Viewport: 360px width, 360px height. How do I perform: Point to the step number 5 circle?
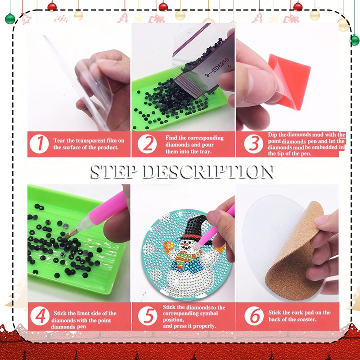pos(147,316)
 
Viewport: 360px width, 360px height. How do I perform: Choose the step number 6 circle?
pos(254,316)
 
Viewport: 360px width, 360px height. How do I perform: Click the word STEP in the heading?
pos(114,171)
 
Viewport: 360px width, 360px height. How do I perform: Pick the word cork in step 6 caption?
pos(301,312)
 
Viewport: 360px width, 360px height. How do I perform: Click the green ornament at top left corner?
pos(10,18)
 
